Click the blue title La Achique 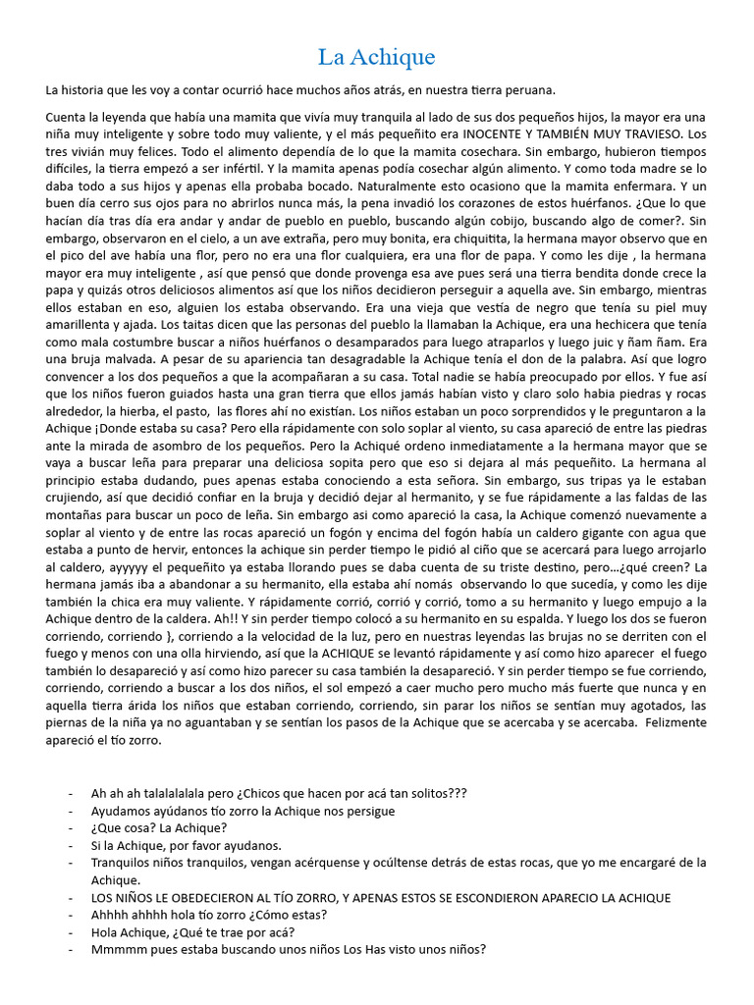[x=376, y=56]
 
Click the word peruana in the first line [x=529, y=90]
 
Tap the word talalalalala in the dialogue [x=171, y=793]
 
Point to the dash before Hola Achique [x=71, y=933]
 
